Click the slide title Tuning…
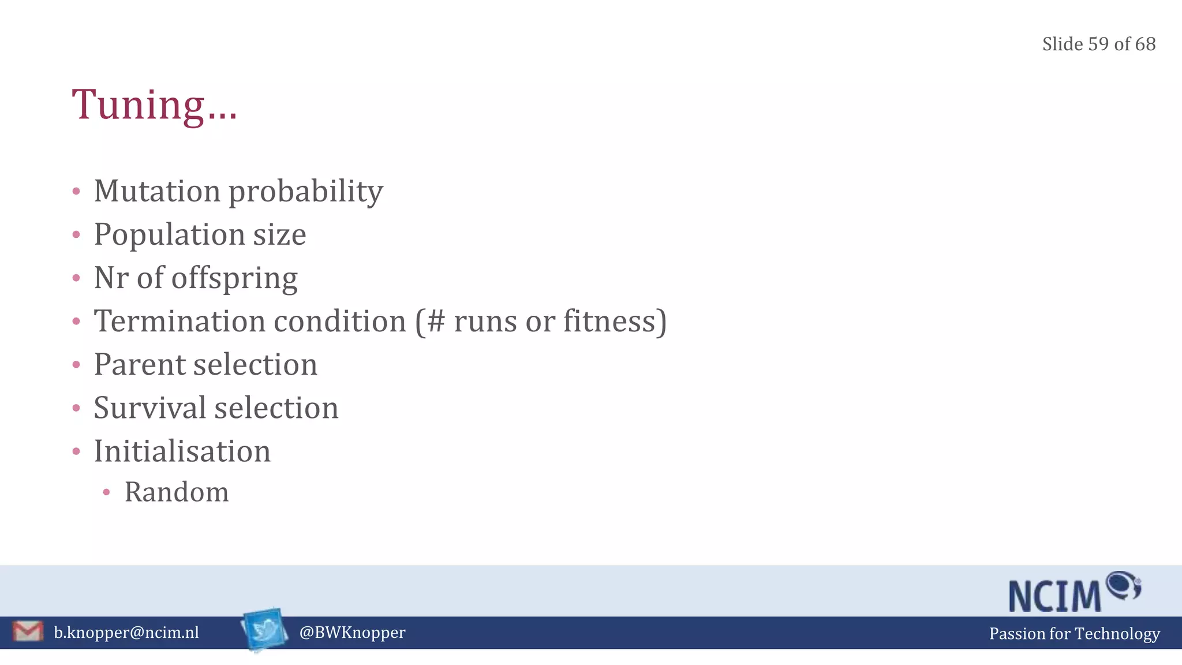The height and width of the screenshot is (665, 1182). (x=154, y=105)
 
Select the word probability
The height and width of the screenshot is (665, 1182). (x=306, y=192)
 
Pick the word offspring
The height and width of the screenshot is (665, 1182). (x=234, y=278)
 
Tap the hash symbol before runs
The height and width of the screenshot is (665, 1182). (x=436, y=321)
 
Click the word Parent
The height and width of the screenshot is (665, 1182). (x=141, y=364)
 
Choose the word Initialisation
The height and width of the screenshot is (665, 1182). (x=182, y=451)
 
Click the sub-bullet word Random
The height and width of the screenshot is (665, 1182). (x=177, y=492)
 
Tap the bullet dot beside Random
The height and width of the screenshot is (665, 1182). (x=106, y=492)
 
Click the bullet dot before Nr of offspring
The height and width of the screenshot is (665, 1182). (x=76, y=278)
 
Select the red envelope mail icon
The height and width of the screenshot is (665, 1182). (x=28, y=632)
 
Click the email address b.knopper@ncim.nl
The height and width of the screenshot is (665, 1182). (x=126, y=633)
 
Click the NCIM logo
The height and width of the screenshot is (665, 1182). (x=1075, y=592)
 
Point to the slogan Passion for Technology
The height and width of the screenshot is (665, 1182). (x=1074, y=633)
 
